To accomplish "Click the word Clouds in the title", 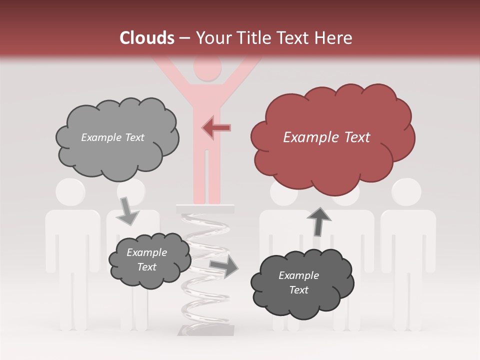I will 147,38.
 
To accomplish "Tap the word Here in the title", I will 333,38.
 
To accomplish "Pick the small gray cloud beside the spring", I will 148,260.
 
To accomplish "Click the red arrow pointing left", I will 216,127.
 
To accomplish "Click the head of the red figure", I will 207,68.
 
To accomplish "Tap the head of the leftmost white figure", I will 70,191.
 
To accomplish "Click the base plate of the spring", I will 206,330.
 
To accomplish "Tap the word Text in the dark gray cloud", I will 299,290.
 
